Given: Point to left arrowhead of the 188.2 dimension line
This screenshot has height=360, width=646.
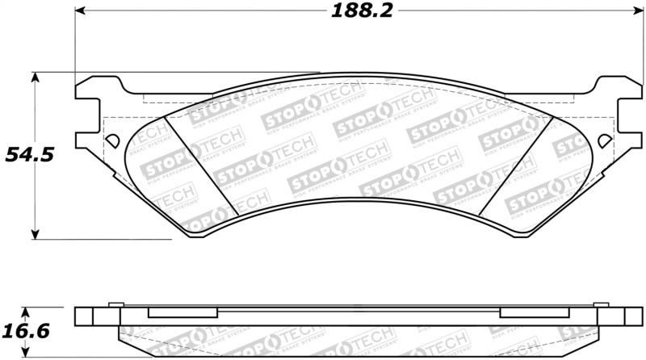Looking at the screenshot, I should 81,11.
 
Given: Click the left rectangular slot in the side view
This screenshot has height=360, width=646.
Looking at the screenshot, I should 182,313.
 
